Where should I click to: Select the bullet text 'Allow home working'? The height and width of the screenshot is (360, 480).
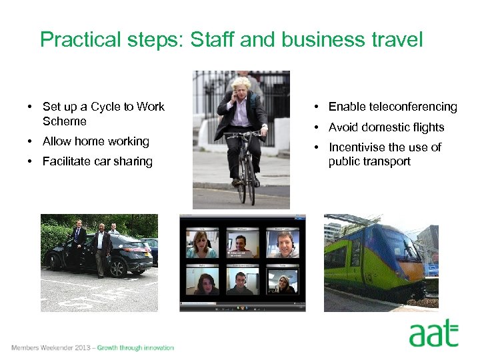click(95, 141)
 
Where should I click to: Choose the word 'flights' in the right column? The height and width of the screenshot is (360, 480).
click(425, 127)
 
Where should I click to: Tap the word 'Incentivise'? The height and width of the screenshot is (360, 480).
click(357, 147)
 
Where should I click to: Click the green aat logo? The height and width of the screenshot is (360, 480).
click(433, 334)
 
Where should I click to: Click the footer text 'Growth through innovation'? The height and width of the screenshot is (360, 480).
click(135, 347)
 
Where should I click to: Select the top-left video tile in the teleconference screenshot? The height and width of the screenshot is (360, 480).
click(201, 244)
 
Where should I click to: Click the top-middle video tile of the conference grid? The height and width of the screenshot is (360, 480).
click(242, 244)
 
